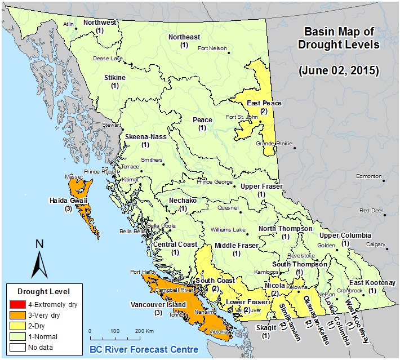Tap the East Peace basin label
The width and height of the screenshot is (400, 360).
click(x=264, y=103)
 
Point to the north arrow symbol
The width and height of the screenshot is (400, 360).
click(x=38, y=259)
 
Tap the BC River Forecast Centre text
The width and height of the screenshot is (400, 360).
click(x=144, y=349)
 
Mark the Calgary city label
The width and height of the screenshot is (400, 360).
click(x=375, y=245)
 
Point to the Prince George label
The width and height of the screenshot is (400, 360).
click(x=214, y=182)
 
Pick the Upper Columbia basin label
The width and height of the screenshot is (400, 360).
click(x=345, y=234)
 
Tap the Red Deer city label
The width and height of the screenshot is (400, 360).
click(x=371, y=211)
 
